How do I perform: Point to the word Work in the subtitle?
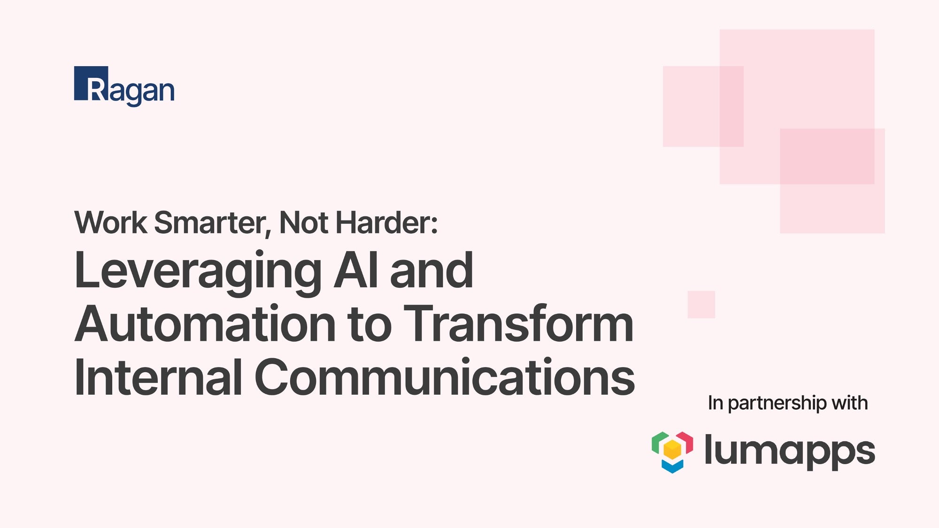[x=111, y=222]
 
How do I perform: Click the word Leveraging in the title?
[x=198, y=271]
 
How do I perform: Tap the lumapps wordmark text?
[x=790, y=451]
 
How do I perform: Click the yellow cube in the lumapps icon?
[x=672, y=450]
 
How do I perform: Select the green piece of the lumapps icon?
[x=658, y=442]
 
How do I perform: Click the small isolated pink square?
[x=701, y=305]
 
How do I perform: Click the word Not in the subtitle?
[x=303, y=222]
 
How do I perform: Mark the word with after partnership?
[x=849, y=403]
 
